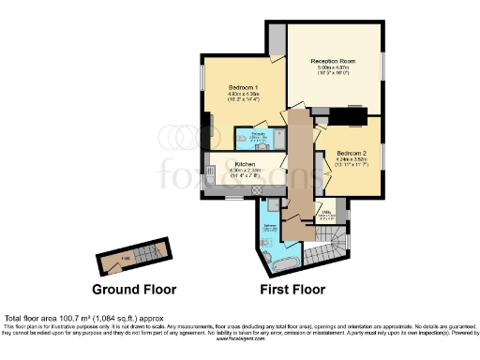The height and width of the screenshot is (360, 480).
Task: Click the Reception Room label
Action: (334, 59)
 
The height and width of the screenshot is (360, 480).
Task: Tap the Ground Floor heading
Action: (134, 288)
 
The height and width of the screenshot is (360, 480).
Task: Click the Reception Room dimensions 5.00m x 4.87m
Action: (334, 67)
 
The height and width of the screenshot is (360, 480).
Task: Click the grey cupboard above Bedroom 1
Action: (276, 37)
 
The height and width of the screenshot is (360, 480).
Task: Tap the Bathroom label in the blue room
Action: (269, 226)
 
